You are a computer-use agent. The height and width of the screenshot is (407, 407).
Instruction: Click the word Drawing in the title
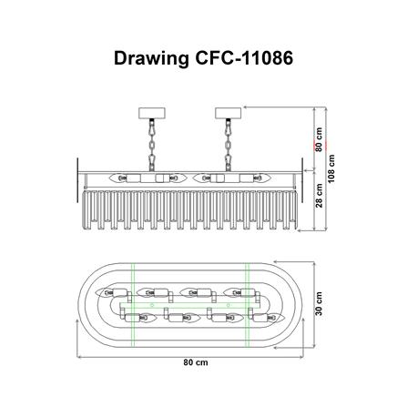(151, 59)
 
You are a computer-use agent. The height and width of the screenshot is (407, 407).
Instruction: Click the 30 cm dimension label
(320, 306)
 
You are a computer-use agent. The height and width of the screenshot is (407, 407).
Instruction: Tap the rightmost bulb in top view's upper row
(237, 292)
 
